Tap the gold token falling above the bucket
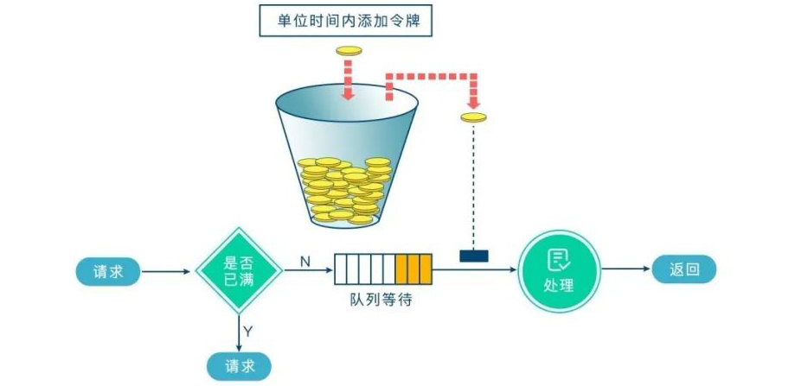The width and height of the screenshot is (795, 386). (349, 52)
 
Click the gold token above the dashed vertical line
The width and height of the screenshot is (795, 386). (474, 117)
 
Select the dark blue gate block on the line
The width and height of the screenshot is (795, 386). (474, 256)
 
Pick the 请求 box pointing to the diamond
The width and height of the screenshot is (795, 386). (110, 270)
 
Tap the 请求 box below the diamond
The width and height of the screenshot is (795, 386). (238, 366)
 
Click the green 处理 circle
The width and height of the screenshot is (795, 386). (559, 270)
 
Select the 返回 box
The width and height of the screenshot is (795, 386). (683, 270)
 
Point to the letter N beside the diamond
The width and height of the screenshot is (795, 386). (305, 260)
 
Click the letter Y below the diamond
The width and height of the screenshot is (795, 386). (249, 330)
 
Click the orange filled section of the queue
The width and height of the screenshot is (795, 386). (414, 269)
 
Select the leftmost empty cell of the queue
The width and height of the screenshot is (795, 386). (341, 269)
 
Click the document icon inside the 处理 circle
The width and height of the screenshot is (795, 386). (559, 259)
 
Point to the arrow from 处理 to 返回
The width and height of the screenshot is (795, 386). (627, 270)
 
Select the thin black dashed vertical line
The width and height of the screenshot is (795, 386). (474, 186)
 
